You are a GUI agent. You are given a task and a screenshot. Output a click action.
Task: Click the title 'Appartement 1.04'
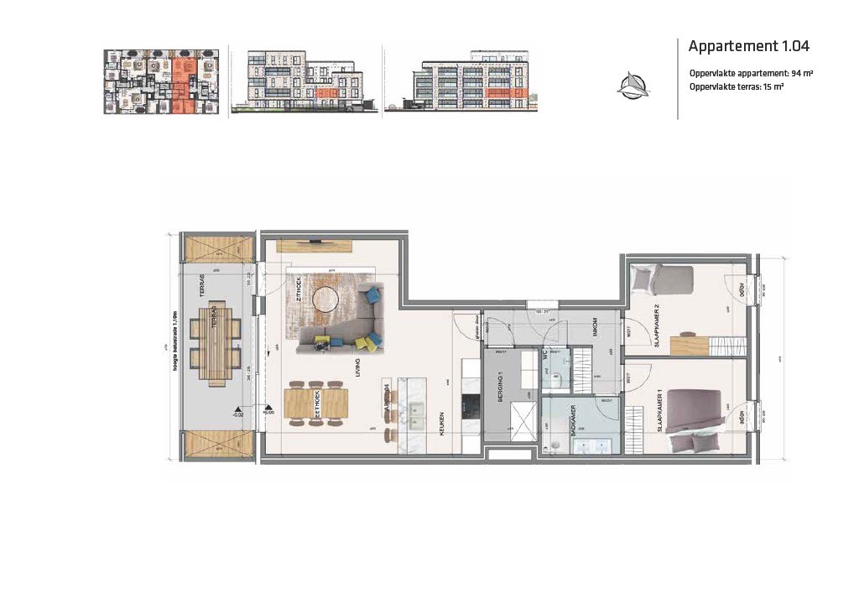[x=748, y=46]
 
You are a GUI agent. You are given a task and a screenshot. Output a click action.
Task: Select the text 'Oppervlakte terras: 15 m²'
[x=737, y=87]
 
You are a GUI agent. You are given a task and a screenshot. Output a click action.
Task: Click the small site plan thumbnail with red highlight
[x=161, y=81]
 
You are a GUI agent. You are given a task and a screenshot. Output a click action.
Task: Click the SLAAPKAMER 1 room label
[x=660, y=411]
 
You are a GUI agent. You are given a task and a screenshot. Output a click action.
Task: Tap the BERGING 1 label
[x=500, y=388]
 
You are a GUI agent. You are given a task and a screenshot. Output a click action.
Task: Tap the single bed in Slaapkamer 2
[x=663, y=278]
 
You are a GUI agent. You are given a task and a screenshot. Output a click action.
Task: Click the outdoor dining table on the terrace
[x=216, y=343]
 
